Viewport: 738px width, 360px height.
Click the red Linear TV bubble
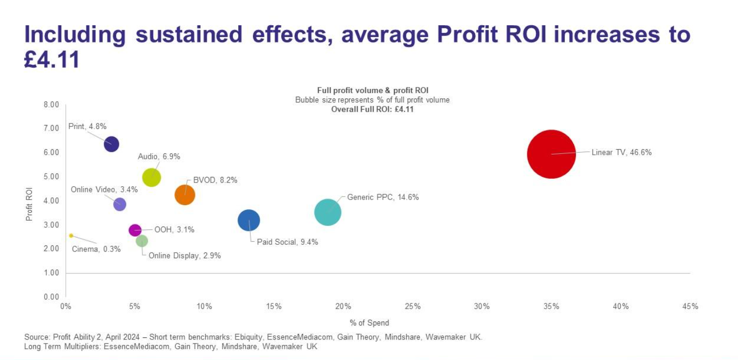tap(551, 154)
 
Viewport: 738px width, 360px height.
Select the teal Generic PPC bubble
tap(328, 211)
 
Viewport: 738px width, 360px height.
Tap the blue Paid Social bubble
tap(249, 220)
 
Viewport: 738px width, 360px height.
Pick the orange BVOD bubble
tap(185, 195)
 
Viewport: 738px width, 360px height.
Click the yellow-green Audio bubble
tap(151, 177)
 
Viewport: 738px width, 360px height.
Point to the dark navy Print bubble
tap(111, 144)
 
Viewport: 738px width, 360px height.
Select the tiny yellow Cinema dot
tap(71, 236)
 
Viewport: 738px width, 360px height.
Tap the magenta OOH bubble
tap(135, 230)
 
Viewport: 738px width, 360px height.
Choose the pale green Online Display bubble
tap(142, 241)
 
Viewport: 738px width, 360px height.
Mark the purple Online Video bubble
tap(119, 204)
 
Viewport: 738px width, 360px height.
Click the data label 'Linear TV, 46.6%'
tap(621, 152)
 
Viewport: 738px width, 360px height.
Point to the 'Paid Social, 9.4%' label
tap(287, 242)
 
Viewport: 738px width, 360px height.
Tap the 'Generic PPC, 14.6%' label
tap(383, 197)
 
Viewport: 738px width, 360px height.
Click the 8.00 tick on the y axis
tap(50, 104)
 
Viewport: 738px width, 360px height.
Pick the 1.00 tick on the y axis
tap(50, 273)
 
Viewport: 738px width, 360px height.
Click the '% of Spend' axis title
tap(369, 323)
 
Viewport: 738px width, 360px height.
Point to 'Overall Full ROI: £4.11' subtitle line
tap(372, 109)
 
